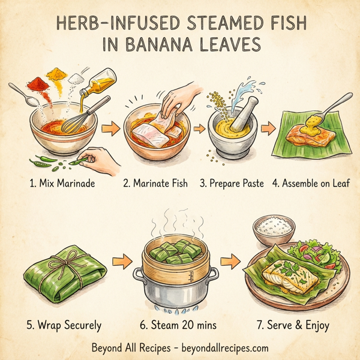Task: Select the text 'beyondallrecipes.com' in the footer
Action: tap(220, 347)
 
